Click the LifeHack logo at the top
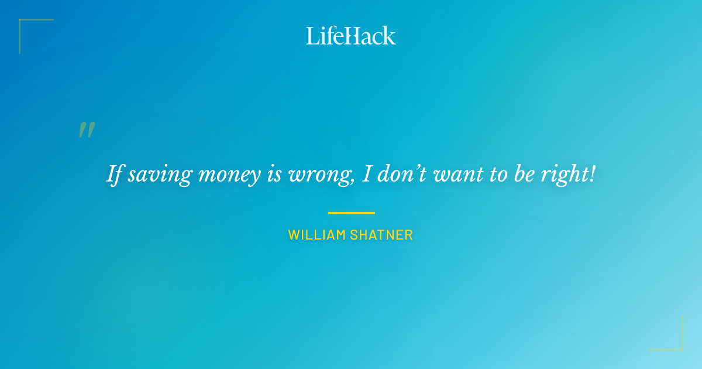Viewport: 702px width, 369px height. point(351,36)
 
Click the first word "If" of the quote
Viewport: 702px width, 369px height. point(114,174)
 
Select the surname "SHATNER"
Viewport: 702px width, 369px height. point(381,235)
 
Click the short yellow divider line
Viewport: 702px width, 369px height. point(351,213)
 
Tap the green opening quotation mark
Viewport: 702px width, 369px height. point(87,130)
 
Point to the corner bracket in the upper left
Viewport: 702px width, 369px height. point(23,23)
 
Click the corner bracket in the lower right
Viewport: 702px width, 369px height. point(679,346)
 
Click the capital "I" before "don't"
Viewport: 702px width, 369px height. point(367,174)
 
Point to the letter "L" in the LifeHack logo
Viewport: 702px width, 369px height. point(312,36)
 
